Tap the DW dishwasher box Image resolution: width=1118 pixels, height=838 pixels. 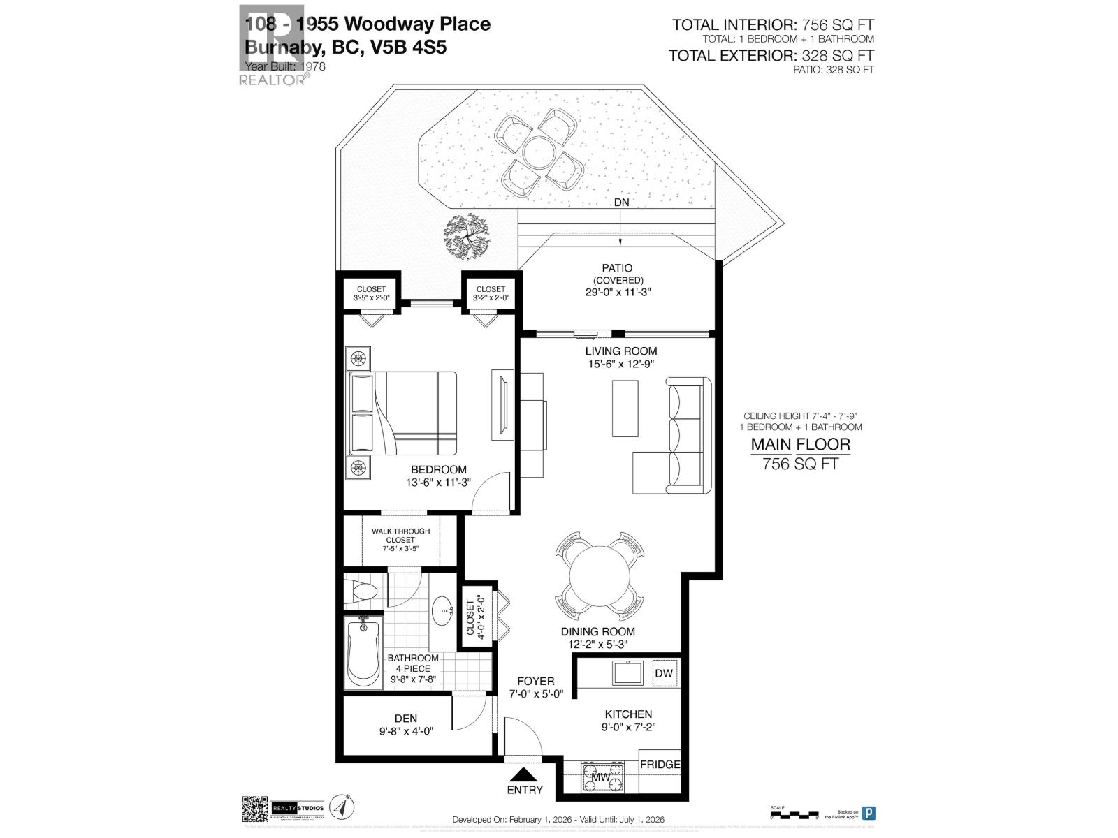coord(664,673)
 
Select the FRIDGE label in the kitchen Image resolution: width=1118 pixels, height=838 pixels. coord(660,765)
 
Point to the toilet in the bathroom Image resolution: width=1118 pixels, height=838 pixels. coord(364,592)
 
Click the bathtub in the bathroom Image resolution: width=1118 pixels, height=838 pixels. coord(363,653)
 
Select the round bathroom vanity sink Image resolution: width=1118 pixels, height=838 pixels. coord(442,612)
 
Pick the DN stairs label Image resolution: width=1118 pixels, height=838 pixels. coord(620,203)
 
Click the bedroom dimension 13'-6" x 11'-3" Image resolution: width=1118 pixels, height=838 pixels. coord(438,483)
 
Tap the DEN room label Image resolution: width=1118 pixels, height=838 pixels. coord(405,718)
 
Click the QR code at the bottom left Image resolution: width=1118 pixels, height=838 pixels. coord(255,809)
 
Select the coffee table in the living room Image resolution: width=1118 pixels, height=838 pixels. coord(625,408)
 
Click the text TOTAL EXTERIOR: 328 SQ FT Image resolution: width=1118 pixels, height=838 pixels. coord(771,55)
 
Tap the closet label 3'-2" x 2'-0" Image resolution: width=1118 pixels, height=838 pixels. coord(491,293)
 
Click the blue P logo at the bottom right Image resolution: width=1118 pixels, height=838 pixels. coord(869,813)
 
